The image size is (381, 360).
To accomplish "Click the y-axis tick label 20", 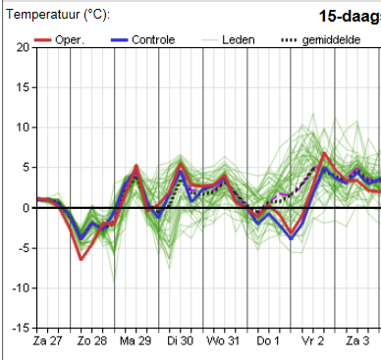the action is point(23,48).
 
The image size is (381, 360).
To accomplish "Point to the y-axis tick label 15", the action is point(23,87).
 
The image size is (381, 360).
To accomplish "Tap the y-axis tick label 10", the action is point(23,128).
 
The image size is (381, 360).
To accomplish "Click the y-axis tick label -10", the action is point(21,288).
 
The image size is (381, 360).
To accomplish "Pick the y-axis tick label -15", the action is point(21,328).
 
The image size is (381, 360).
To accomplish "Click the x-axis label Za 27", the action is point(47,341).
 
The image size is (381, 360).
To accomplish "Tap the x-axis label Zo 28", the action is point(92,341).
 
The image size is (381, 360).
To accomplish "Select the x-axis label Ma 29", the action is point(136,341).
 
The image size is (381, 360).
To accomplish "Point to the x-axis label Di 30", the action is point(180,341).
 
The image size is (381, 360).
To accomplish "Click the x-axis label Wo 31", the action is point(223,341).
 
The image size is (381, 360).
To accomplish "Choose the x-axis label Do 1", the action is point(268,341).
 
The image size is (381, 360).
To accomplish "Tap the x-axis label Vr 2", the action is point(312,341).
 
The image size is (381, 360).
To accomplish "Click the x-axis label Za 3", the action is point(357,341).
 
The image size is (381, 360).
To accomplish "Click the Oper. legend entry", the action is point(59,40).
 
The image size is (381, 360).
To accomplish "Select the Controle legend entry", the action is point(142,40).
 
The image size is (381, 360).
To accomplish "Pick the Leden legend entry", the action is point(228,40).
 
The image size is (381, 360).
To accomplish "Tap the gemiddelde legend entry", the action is point(321,40).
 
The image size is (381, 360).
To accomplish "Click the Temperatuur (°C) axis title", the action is point(58,15).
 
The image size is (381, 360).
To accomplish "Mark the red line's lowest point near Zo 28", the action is point(81,259).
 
